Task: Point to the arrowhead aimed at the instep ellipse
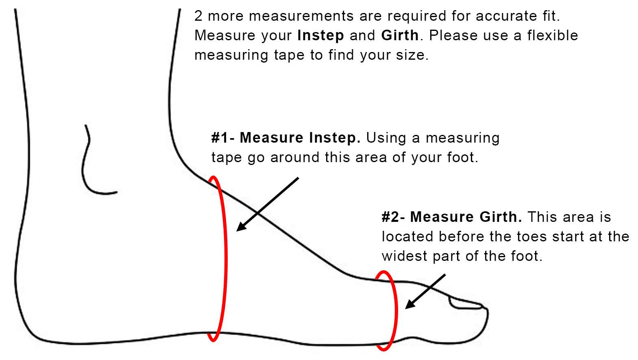pyautogui.click(x=242, y=227)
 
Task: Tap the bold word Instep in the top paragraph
pyautogui.click(x=320, y=36)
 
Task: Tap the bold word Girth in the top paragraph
pyautogui.click(x=400, y=36)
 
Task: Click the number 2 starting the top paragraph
pyautogui.click(x=198, y=16)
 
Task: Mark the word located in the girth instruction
pyautogui.click(x=408, y=236)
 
